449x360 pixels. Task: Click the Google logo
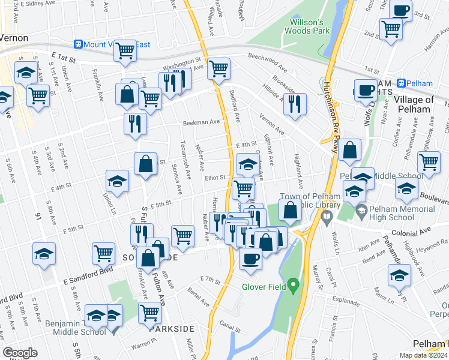20,353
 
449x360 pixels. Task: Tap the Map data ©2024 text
423,355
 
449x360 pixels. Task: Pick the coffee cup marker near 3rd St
401,10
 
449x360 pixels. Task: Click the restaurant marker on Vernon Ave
295,103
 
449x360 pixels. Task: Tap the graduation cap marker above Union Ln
118,180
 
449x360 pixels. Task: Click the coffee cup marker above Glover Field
250,258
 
